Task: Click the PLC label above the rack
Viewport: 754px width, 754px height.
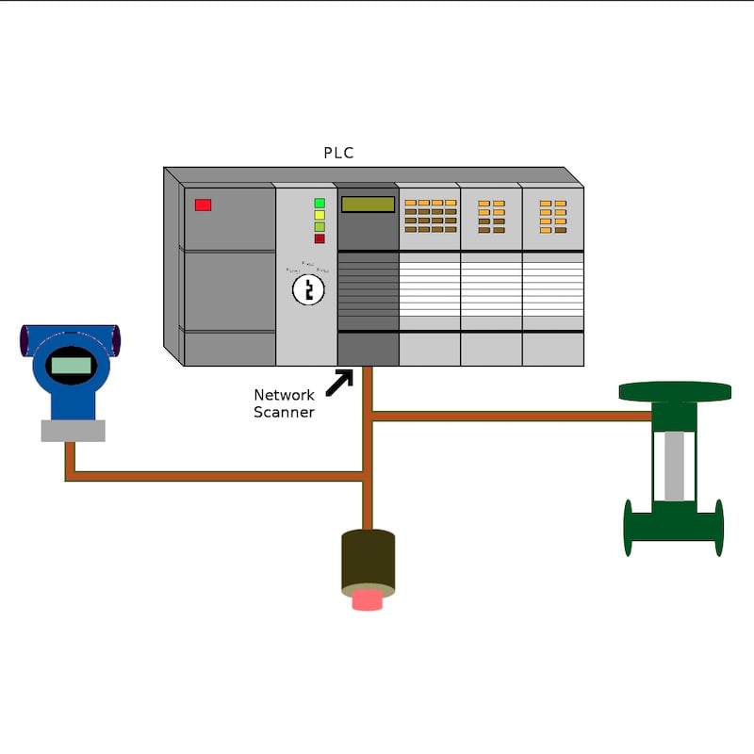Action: (338, 153)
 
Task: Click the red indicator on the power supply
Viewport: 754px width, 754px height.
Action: (203, 205)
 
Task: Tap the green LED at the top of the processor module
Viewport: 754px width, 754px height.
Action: (320, 203)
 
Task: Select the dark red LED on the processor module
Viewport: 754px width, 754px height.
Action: (320, 238)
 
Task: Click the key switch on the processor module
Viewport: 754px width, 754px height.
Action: (308, 289)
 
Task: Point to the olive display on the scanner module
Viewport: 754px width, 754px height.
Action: (368, 205)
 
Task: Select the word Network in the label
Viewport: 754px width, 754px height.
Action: (284, 395)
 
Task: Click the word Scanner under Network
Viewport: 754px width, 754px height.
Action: (284, 412)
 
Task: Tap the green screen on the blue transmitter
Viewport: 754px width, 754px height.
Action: (72, 365)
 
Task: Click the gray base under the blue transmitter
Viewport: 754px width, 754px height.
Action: (73, 431)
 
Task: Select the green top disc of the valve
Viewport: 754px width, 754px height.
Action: (675, 391)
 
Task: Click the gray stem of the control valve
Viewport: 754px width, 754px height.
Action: (674, 467)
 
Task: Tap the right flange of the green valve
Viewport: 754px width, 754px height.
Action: (719, 528)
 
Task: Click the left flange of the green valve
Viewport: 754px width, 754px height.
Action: (628, 528)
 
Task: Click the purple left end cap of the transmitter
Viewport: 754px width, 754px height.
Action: (25, 340)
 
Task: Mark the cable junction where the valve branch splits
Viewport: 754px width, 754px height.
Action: (369, 416)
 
